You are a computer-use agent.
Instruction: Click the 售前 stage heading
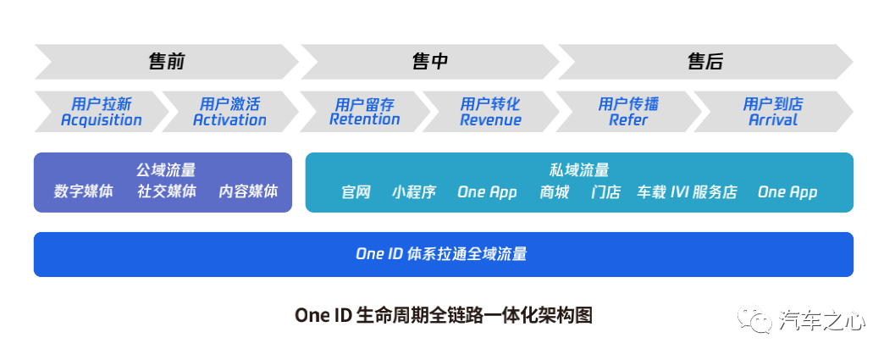[x=167, y=62]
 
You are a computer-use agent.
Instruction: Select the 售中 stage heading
[x=430, y=62]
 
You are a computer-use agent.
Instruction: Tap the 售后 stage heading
[x=705, y=62]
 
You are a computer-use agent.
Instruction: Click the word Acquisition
[x=102, y=120]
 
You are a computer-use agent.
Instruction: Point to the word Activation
[x=229, y=120]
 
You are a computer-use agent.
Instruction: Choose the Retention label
[x=365, y=119]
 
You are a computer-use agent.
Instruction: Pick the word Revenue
[x=491, y=120]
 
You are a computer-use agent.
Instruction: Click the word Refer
[x=628, y=120]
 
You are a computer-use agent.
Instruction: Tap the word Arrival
[x=773, y=120]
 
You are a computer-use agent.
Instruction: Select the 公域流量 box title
[x=166, y=170]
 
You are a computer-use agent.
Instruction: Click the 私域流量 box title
[x=579, y=170]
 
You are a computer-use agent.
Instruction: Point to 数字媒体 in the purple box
[x=84, y=191]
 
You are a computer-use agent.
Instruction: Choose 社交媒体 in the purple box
[x=167, y=191]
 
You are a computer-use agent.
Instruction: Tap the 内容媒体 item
[x=248, y=191]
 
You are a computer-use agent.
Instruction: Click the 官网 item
[x=356, y=192]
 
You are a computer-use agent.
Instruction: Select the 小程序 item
[x=414, y=192]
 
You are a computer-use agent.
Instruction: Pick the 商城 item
[x=555, y=192]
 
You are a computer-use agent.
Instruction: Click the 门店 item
[x=605, y=192]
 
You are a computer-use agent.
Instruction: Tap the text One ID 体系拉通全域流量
[x=441, y=254]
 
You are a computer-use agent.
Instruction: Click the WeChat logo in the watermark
[x=754, y=320]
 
